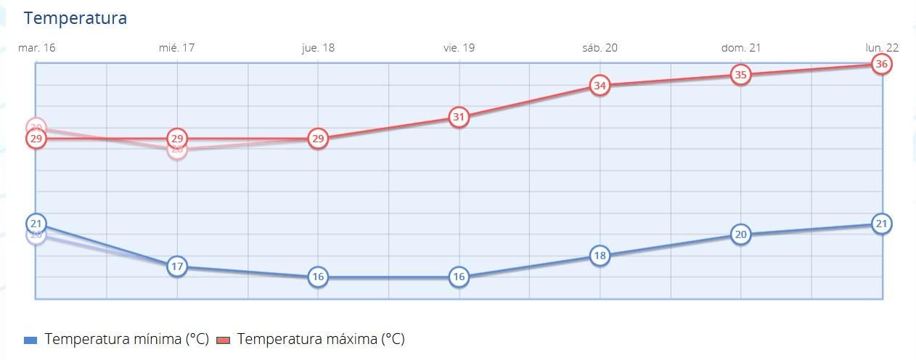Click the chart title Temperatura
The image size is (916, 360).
tap(75, 18)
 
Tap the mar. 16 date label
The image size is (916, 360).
tap(36, 48)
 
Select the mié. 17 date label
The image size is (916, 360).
tap(176, 48)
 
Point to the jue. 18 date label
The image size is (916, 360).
tap(318, 48)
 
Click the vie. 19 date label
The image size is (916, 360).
tap(459, 48)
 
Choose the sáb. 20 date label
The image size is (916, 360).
tap(600, 48)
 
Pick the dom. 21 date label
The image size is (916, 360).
tap(740, 48)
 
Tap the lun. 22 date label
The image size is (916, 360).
tap(882, 48)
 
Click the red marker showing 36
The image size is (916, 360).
tap(882, 64)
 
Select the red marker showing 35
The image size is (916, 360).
tap(740, 75)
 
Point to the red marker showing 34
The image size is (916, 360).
tap(600, 86)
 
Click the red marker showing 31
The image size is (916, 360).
tap(459, 117)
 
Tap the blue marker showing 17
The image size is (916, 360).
tap(177, 266)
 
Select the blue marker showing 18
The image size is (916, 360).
tap(600, 255)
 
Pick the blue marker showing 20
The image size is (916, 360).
tap(740, 234)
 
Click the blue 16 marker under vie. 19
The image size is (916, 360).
tap(459, 277)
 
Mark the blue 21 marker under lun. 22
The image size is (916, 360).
tap(882, 224)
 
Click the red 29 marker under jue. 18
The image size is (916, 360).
tap(318, 139)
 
